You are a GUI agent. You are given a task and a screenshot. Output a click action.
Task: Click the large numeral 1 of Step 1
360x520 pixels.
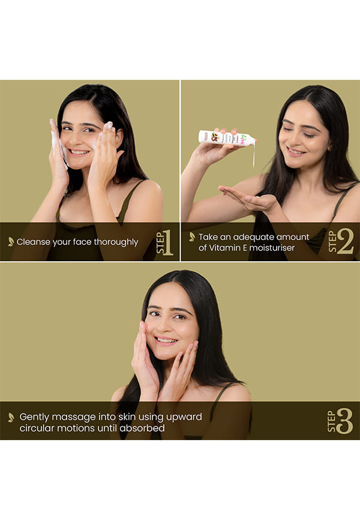coord(169,243)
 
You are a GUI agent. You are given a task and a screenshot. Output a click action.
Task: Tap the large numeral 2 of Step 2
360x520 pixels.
coord(345,242)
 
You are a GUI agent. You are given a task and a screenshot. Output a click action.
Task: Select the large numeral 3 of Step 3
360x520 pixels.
coord(344,421)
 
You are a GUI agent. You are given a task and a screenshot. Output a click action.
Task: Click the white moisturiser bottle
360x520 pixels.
coord(227,138)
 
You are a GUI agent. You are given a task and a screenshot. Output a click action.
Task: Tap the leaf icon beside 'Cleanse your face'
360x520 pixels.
coord(11,241)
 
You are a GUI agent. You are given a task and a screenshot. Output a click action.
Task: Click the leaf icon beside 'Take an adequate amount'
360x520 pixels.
coord(192,237)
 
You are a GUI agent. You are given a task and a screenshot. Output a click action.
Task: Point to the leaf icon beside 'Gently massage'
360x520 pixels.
coord(11,417)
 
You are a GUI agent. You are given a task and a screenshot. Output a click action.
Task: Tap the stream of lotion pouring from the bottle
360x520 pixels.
coord(254,156)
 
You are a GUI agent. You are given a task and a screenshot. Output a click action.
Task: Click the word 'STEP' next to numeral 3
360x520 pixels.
coord(331,422)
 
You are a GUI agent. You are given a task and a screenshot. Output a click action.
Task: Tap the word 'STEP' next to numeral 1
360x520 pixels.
coord(160,243)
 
